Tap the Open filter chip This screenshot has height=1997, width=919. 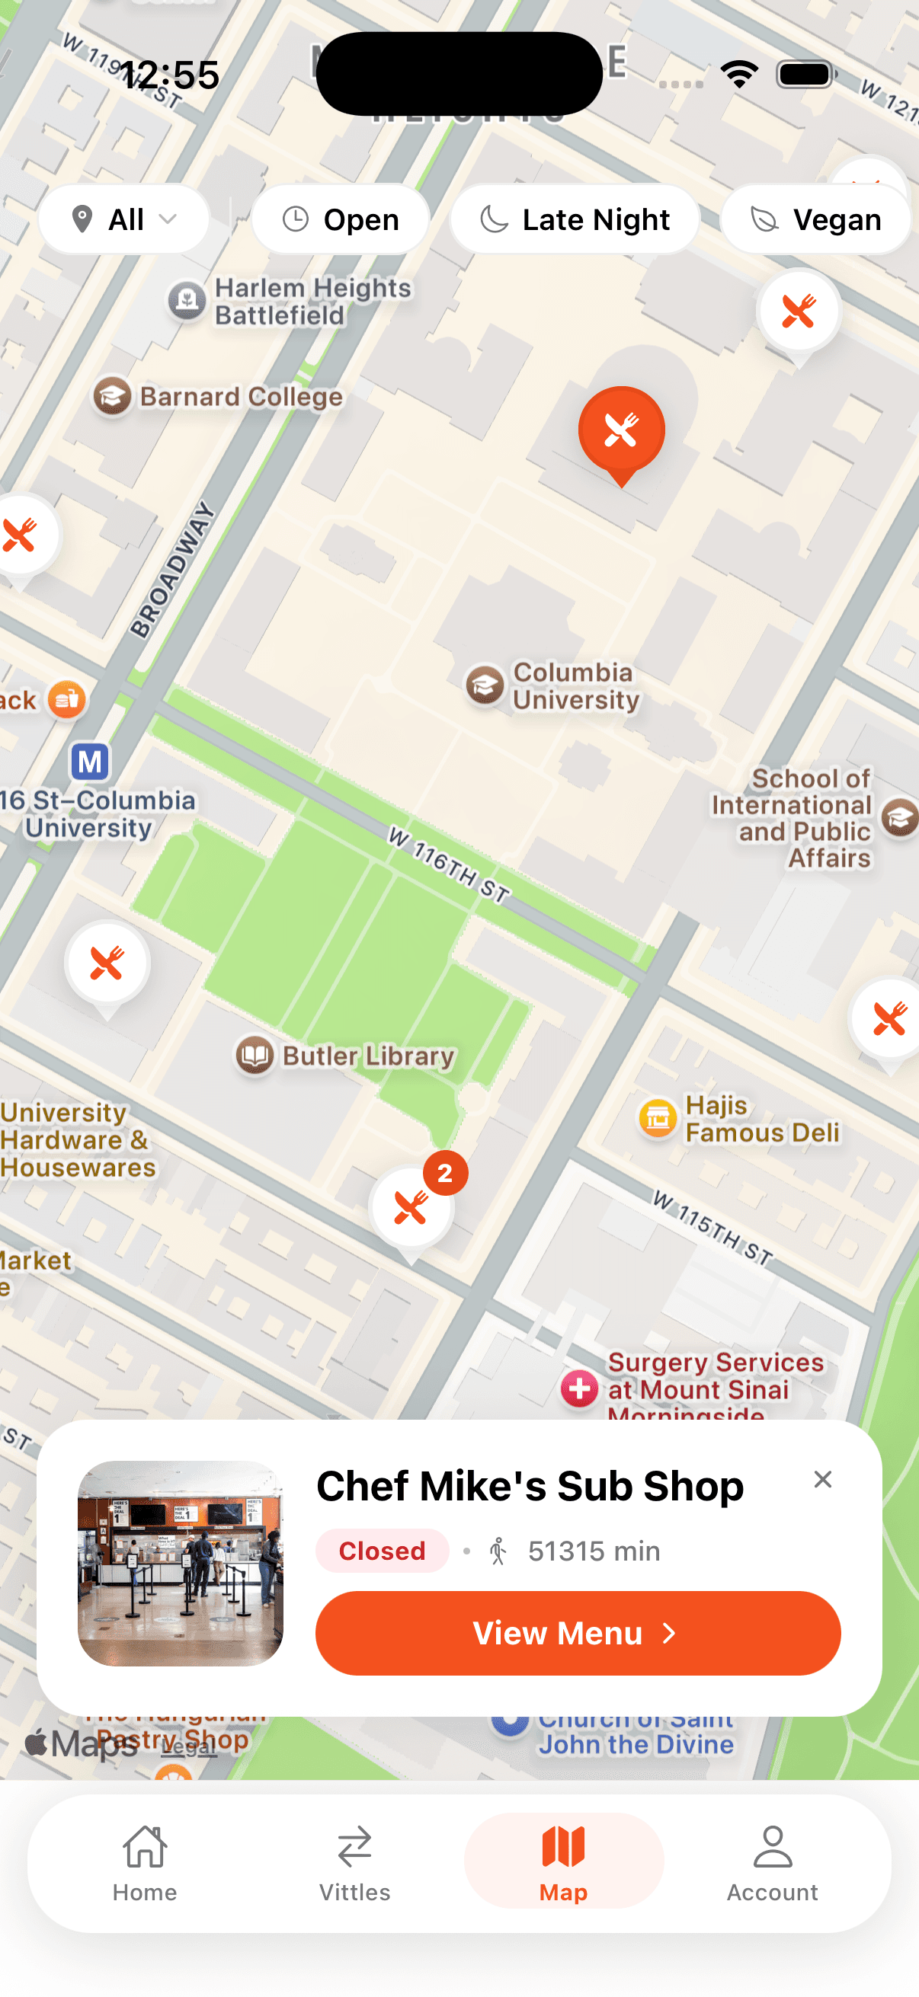pyautogui.click(x=341, y=219)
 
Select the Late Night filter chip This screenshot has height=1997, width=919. pyautogui.click(x=575, y=219)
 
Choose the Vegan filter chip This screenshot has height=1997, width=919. pyautogui.click(x=815, y=219)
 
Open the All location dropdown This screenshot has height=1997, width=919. pyautogui.click(x=124, y=219)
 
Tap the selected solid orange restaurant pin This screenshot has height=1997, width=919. pyautogui.click(x=621, y=430)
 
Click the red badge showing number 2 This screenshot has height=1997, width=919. pyautogui.click(x=445, y=1173)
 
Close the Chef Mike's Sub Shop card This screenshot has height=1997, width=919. pyautogui.click(x=822, y=1479)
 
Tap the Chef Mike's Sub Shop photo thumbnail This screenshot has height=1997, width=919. pyautogui.click(x=180, y=1563)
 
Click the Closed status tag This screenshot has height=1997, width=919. pyautogui.click(x=382, y=1551)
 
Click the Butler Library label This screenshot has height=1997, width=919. pyautogui.click(x=367, y=1056)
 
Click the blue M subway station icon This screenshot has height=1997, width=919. pyautogui.click(x=90, y=762)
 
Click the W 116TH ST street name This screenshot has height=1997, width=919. pyautogui.click(x=449, y=866)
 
